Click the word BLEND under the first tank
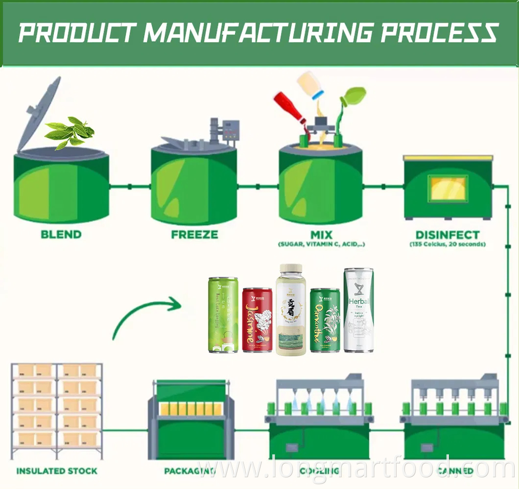[x=61, y=235]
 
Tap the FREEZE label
[x=194, y=235]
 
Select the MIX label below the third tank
[x=322, y=235]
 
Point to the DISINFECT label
[x=448, y=235]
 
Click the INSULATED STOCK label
[x=57, y=471]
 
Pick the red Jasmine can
[x=257, y=319]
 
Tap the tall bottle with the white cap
[x=291, y=310]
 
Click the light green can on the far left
[x=223, y=315]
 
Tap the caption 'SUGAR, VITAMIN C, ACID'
[x=322, y=244]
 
